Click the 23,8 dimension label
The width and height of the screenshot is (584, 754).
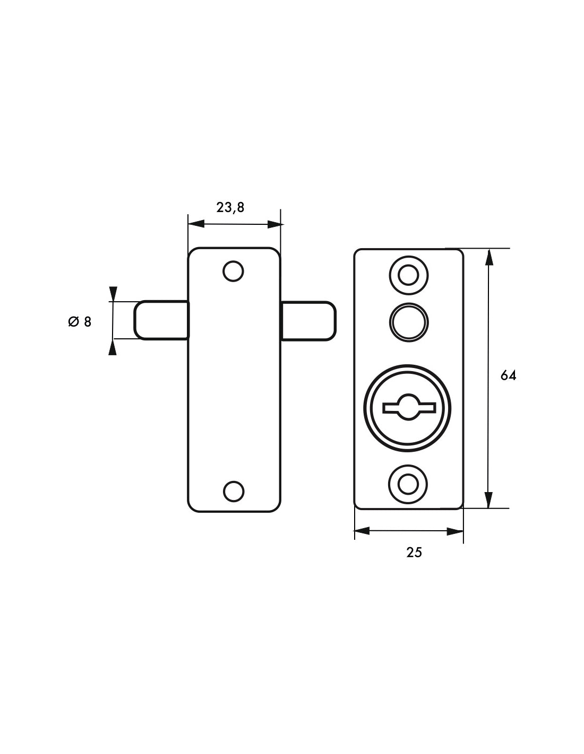coord(230,207)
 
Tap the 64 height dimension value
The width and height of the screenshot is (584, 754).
coord(508,375)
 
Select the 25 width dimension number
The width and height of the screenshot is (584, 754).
coord(414,552)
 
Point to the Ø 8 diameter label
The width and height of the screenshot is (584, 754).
coord(80,322)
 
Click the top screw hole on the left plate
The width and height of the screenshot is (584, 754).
coord(233,271)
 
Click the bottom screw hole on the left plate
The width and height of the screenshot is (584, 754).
coord(234,492)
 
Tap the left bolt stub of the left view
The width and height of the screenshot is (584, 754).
coord(161,320)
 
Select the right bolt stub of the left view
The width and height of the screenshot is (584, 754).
coord(308,321)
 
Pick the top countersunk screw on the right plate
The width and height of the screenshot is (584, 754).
coord(409,276)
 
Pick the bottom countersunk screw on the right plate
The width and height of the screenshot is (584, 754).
coord(408,484)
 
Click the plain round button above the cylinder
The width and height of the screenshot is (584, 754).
coord(409,322)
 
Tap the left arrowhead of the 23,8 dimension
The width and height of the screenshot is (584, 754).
coord(196,224)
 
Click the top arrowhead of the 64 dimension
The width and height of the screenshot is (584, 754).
coord(488,257)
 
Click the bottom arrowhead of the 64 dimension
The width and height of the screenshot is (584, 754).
coord(488,500)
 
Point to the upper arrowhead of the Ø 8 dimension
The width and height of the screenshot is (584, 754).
coord(113,294)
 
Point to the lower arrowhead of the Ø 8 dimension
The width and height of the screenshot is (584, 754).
coord(113,347)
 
